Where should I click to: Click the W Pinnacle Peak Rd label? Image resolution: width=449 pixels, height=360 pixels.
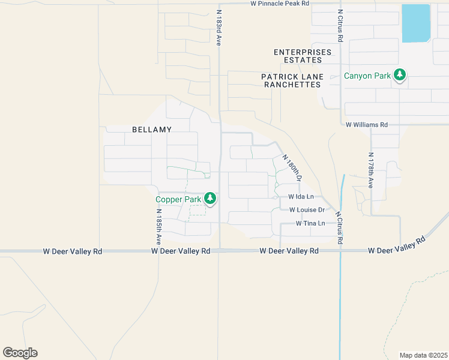coord(280,4)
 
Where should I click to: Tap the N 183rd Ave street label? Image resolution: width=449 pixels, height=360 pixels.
coord(219,28)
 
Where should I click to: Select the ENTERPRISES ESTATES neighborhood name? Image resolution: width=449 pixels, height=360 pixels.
coord(303,56)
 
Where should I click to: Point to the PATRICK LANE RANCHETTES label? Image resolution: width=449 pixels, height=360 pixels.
coord(292,80)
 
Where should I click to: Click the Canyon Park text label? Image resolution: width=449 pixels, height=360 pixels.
coord(367,76)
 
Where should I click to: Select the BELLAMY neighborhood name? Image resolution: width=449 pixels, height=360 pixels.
coord(152,130)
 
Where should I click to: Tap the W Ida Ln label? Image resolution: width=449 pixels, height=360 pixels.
coord(301,197)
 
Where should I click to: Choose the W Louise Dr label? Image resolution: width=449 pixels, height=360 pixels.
coord(307,210)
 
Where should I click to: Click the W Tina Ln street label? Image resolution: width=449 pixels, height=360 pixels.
coord(310,223)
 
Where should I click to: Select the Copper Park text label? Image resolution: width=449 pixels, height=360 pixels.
coord(178,199)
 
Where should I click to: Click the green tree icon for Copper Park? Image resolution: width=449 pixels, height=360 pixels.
coord(210,198)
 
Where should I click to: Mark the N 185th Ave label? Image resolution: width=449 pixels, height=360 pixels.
coord(159,226)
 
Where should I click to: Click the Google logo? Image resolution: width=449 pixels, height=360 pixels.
coord(20,353)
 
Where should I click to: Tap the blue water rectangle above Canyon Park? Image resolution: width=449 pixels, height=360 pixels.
coord(416,23)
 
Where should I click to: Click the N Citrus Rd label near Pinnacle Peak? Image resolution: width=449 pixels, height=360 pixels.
coord(340,25)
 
